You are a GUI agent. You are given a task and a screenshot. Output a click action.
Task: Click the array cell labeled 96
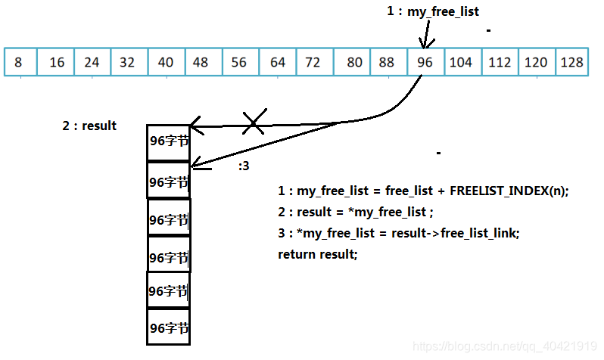[425, 62]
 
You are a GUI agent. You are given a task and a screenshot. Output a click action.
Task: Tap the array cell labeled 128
[572, 62]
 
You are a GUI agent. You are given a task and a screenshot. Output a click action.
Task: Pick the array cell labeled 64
[278, 62]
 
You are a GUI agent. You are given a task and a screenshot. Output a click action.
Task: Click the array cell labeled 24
[92, 62]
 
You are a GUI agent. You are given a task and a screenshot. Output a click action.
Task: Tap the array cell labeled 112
[500, 62]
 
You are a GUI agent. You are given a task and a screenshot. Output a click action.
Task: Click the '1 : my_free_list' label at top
[433, 11]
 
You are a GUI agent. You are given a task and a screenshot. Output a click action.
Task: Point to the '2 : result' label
[89, 126]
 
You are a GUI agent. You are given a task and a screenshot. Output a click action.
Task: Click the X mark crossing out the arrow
[254, 121]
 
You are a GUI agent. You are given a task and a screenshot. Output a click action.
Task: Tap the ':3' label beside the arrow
[244, 166]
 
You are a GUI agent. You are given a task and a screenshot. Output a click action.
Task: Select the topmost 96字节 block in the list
[168, 143]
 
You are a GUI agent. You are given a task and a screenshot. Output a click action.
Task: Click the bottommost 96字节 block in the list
[168, 327]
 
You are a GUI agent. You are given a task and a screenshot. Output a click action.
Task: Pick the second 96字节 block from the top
[168, 181]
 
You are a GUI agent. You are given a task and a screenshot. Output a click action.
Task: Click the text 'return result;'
[318, 254]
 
